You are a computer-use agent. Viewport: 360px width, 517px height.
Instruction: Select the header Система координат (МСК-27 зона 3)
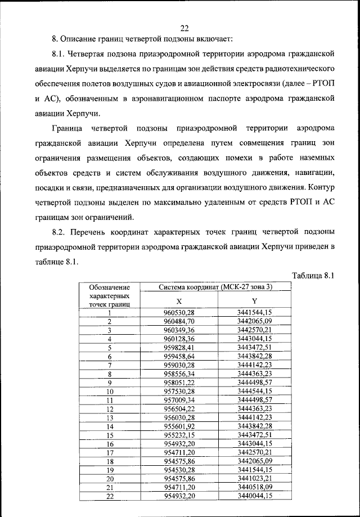pos(215,287)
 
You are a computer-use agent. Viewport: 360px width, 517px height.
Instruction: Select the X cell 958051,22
pos(179,382)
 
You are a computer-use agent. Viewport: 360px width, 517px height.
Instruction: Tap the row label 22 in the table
pos(110,496)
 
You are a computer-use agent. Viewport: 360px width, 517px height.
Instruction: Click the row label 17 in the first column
pos(110,452)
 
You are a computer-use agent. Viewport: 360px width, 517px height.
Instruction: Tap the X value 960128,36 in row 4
pos(179,339)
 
